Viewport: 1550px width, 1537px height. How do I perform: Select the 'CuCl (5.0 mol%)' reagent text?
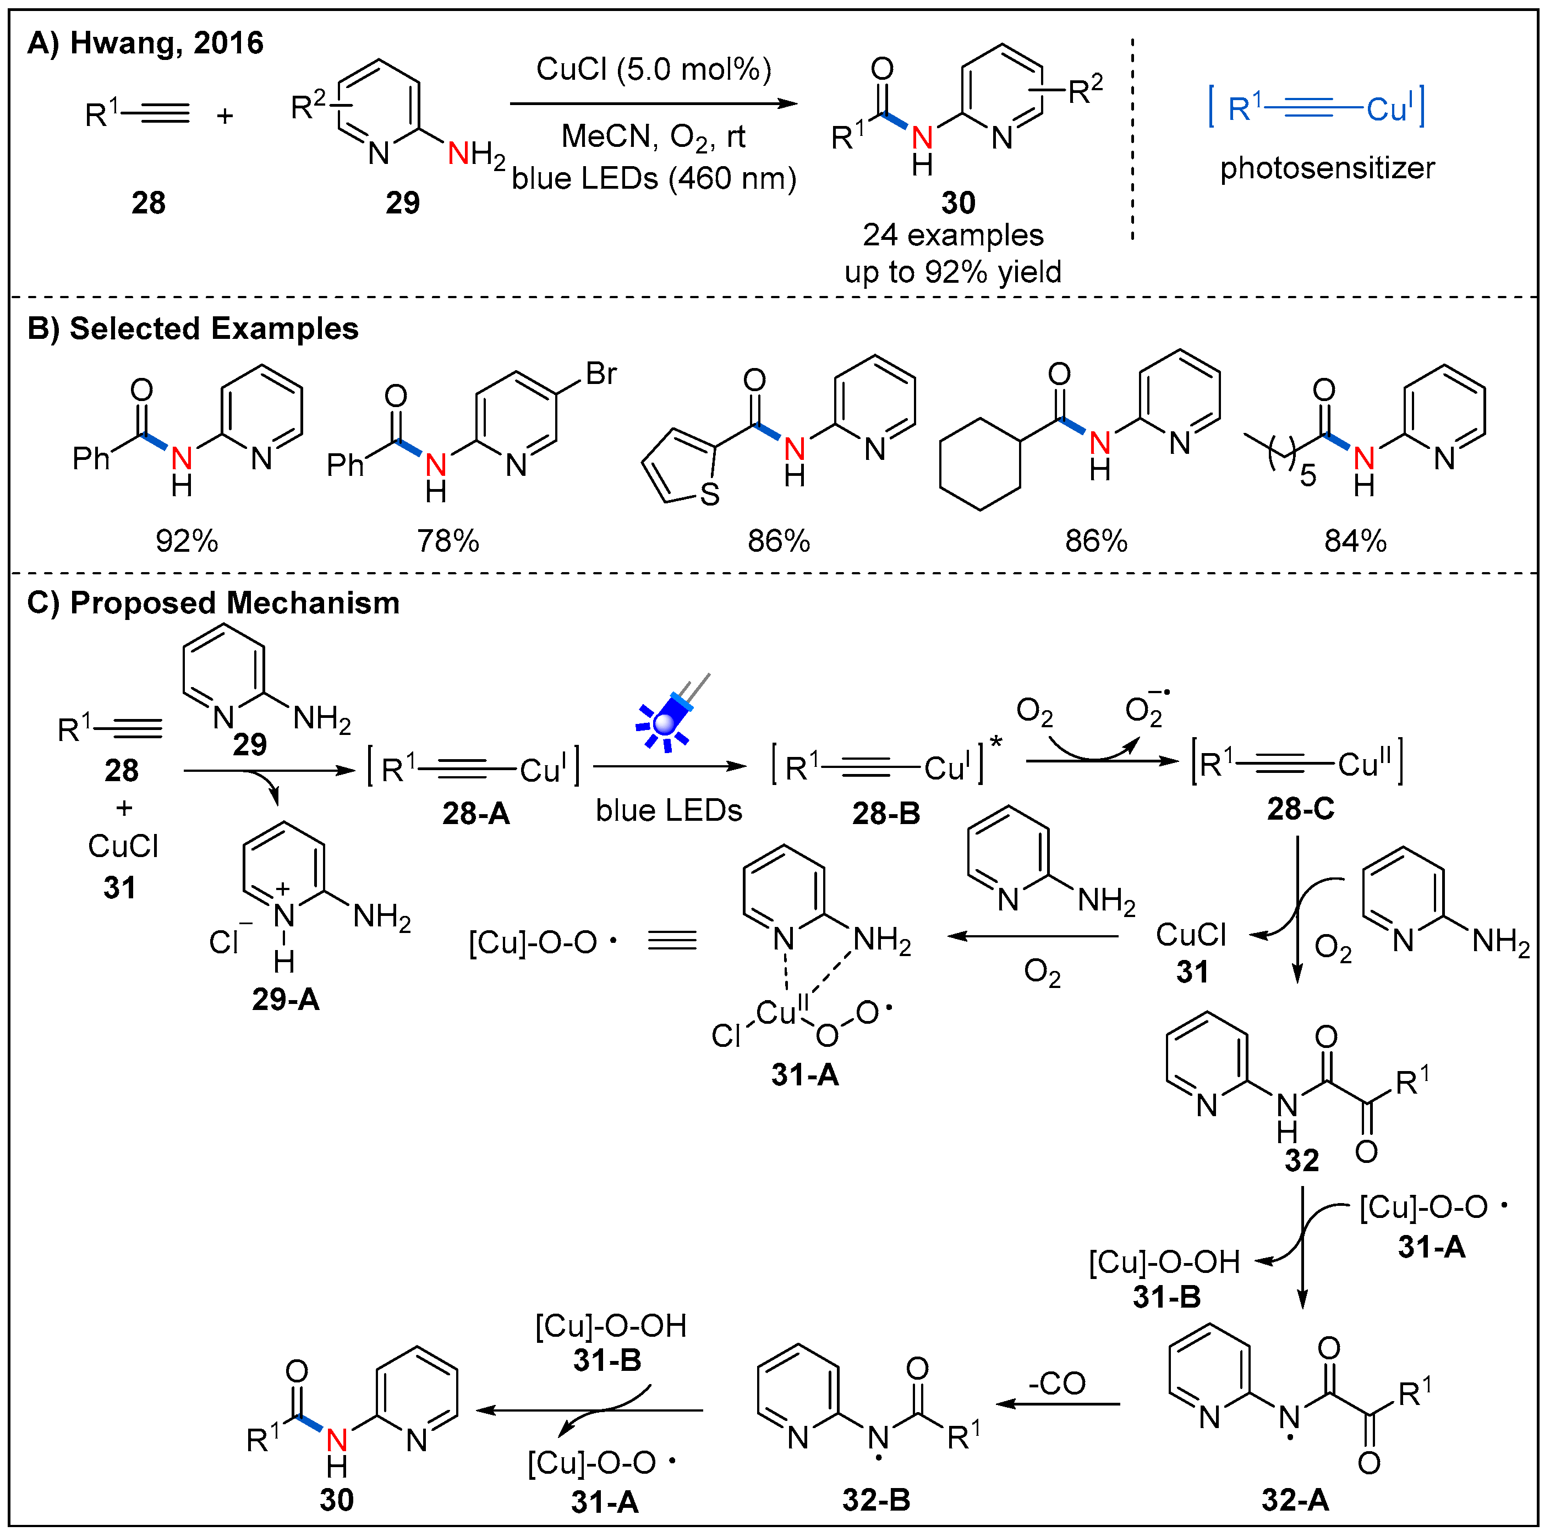[653, 70]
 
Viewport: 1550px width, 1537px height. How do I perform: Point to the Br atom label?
[600, 374]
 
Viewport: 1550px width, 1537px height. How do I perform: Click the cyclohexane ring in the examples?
[979, 464]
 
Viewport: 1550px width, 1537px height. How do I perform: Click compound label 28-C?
[1300, 809]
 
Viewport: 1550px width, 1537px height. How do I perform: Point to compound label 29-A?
[286, 1000]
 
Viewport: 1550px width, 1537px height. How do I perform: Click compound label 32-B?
[876, 1499]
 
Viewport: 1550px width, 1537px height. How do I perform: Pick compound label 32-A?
[1295, 1499]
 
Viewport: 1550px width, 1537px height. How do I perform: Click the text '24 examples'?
[952, 235]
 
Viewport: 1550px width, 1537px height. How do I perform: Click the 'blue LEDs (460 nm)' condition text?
[653, 178]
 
